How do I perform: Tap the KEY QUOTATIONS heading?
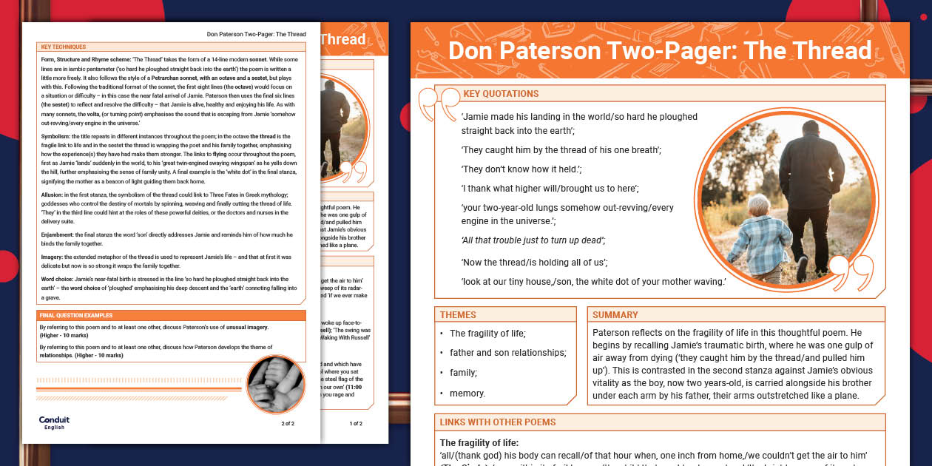tap(501, 94)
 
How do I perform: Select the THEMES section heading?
tap(458, 314)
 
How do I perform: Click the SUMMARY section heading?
tap(615, 314)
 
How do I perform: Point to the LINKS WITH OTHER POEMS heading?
tap(497, 422)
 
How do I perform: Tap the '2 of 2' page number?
tap(288, 424)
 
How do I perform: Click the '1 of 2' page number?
tap(356, 424)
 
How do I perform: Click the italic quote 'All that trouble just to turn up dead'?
tap(533, 240)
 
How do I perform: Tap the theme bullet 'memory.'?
tap(467, 394)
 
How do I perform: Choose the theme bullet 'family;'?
tap(463, 373)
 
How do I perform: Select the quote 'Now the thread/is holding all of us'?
tap(534, 263)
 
